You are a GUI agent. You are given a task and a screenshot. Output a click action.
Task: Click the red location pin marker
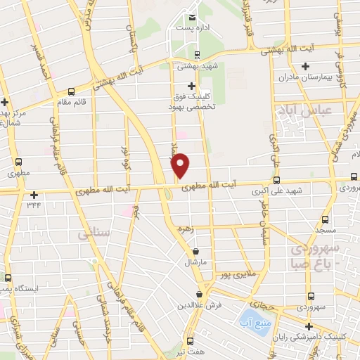181,165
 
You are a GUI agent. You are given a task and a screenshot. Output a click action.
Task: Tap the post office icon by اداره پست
192,18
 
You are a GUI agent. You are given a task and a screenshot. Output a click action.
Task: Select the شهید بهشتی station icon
198,55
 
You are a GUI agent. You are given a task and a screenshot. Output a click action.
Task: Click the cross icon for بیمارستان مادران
304,67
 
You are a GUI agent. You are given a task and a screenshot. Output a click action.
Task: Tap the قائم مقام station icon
71,91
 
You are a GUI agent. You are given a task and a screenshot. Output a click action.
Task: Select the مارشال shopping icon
195,251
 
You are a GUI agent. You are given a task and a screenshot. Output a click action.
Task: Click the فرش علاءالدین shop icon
200,295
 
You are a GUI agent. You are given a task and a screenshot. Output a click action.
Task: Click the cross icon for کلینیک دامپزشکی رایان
309,326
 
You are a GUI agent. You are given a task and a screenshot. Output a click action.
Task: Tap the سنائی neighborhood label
94,232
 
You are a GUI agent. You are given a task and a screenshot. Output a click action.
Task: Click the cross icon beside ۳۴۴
33,195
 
